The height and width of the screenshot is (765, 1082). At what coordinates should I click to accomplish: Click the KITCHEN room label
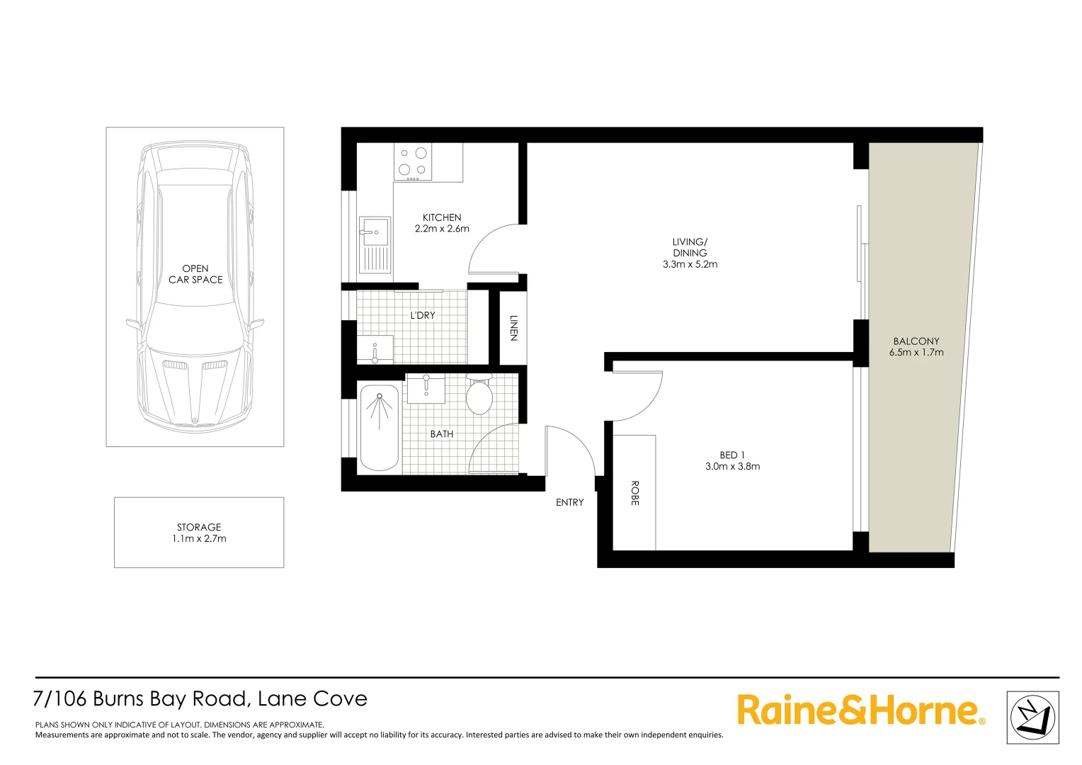[442, 217]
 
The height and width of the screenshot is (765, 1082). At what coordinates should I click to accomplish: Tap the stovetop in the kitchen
[413, 161]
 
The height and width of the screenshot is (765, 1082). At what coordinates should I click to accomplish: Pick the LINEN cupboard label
[513, 327]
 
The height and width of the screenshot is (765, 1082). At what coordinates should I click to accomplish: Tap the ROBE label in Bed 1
[634, 493]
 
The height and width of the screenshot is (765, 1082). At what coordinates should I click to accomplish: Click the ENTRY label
[569, 502]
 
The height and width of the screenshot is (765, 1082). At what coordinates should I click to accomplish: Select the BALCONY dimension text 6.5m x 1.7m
[916, 352]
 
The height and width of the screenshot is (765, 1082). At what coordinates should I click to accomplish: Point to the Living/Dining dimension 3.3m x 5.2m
[690, 264]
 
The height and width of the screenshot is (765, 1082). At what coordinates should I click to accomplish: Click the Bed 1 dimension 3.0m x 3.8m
[732, 466]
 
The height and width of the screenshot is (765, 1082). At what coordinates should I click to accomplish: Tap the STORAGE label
[199, 527]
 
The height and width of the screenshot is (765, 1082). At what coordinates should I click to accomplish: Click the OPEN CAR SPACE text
[195, 274]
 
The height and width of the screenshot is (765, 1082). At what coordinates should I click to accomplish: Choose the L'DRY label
[423, 315]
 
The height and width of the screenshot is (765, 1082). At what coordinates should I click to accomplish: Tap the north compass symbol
[1032, 718]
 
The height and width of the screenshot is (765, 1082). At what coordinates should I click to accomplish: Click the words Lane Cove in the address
[312, 699]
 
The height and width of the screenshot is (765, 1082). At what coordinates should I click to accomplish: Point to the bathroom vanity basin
[426, 389]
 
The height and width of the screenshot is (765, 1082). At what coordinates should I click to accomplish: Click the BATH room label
[442, 434]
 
